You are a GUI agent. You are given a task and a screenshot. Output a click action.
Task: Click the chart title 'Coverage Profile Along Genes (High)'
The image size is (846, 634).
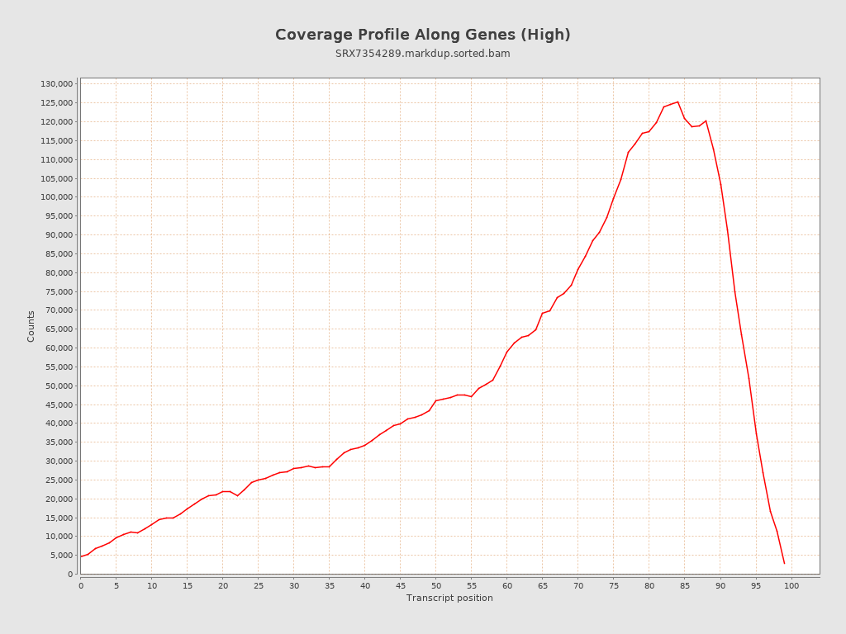point(422,35)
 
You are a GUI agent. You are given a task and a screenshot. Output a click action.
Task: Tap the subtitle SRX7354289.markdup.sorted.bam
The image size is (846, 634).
point(422,54)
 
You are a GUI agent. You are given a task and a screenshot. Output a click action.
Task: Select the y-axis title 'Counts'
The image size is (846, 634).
point(31,326)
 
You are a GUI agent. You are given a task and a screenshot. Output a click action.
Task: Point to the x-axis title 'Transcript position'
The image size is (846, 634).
point(449,598)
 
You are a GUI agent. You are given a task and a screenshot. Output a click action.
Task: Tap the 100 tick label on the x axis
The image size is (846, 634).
point(791,586)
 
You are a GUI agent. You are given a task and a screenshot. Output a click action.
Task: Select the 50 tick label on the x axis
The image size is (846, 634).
point(436,586)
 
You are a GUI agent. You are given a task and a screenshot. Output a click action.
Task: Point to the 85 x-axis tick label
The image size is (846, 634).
point(685,586)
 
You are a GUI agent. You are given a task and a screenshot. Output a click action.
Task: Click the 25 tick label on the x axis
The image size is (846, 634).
point(259,586)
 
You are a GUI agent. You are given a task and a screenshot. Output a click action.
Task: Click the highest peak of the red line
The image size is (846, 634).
point(677,102)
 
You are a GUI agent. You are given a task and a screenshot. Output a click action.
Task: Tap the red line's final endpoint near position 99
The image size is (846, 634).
point(784,563)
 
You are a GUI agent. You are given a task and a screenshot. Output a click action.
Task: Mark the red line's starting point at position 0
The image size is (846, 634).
point(81,556)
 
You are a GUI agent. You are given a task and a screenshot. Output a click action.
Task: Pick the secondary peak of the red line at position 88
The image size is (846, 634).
point(706,121)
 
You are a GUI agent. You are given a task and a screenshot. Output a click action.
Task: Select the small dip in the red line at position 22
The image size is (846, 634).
point(237,495)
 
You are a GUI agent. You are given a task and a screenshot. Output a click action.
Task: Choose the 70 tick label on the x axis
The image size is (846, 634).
point(578,586)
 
